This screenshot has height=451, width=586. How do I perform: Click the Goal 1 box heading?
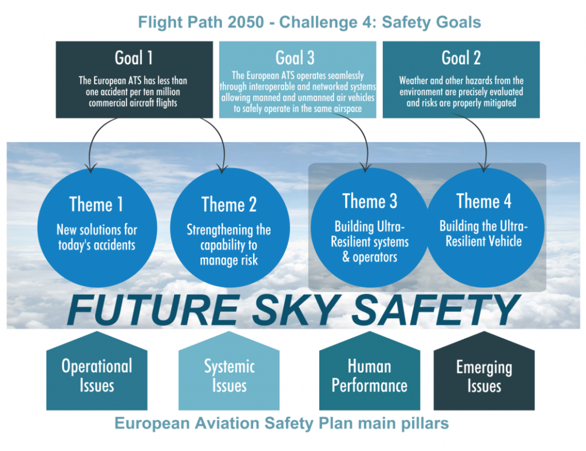pos(134,58)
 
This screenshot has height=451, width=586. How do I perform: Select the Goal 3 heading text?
pos(295,58)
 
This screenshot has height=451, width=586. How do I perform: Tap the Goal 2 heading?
pos(461,58)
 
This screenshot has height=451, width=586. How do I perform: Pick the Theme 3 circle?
pos(370,227)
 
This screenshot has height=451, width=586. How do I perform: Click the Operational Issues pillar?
pos(97,375)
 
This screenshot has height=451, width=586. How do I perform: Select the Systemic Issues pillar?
pos(229,375)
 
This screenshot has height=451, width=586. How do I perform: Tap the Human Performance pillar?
pos(370,375)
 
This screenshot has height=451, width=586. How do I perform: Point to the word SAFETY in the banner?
pos(434,310)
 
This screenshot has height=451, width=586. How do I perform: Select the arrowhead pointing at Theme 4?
pos(484,168)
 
